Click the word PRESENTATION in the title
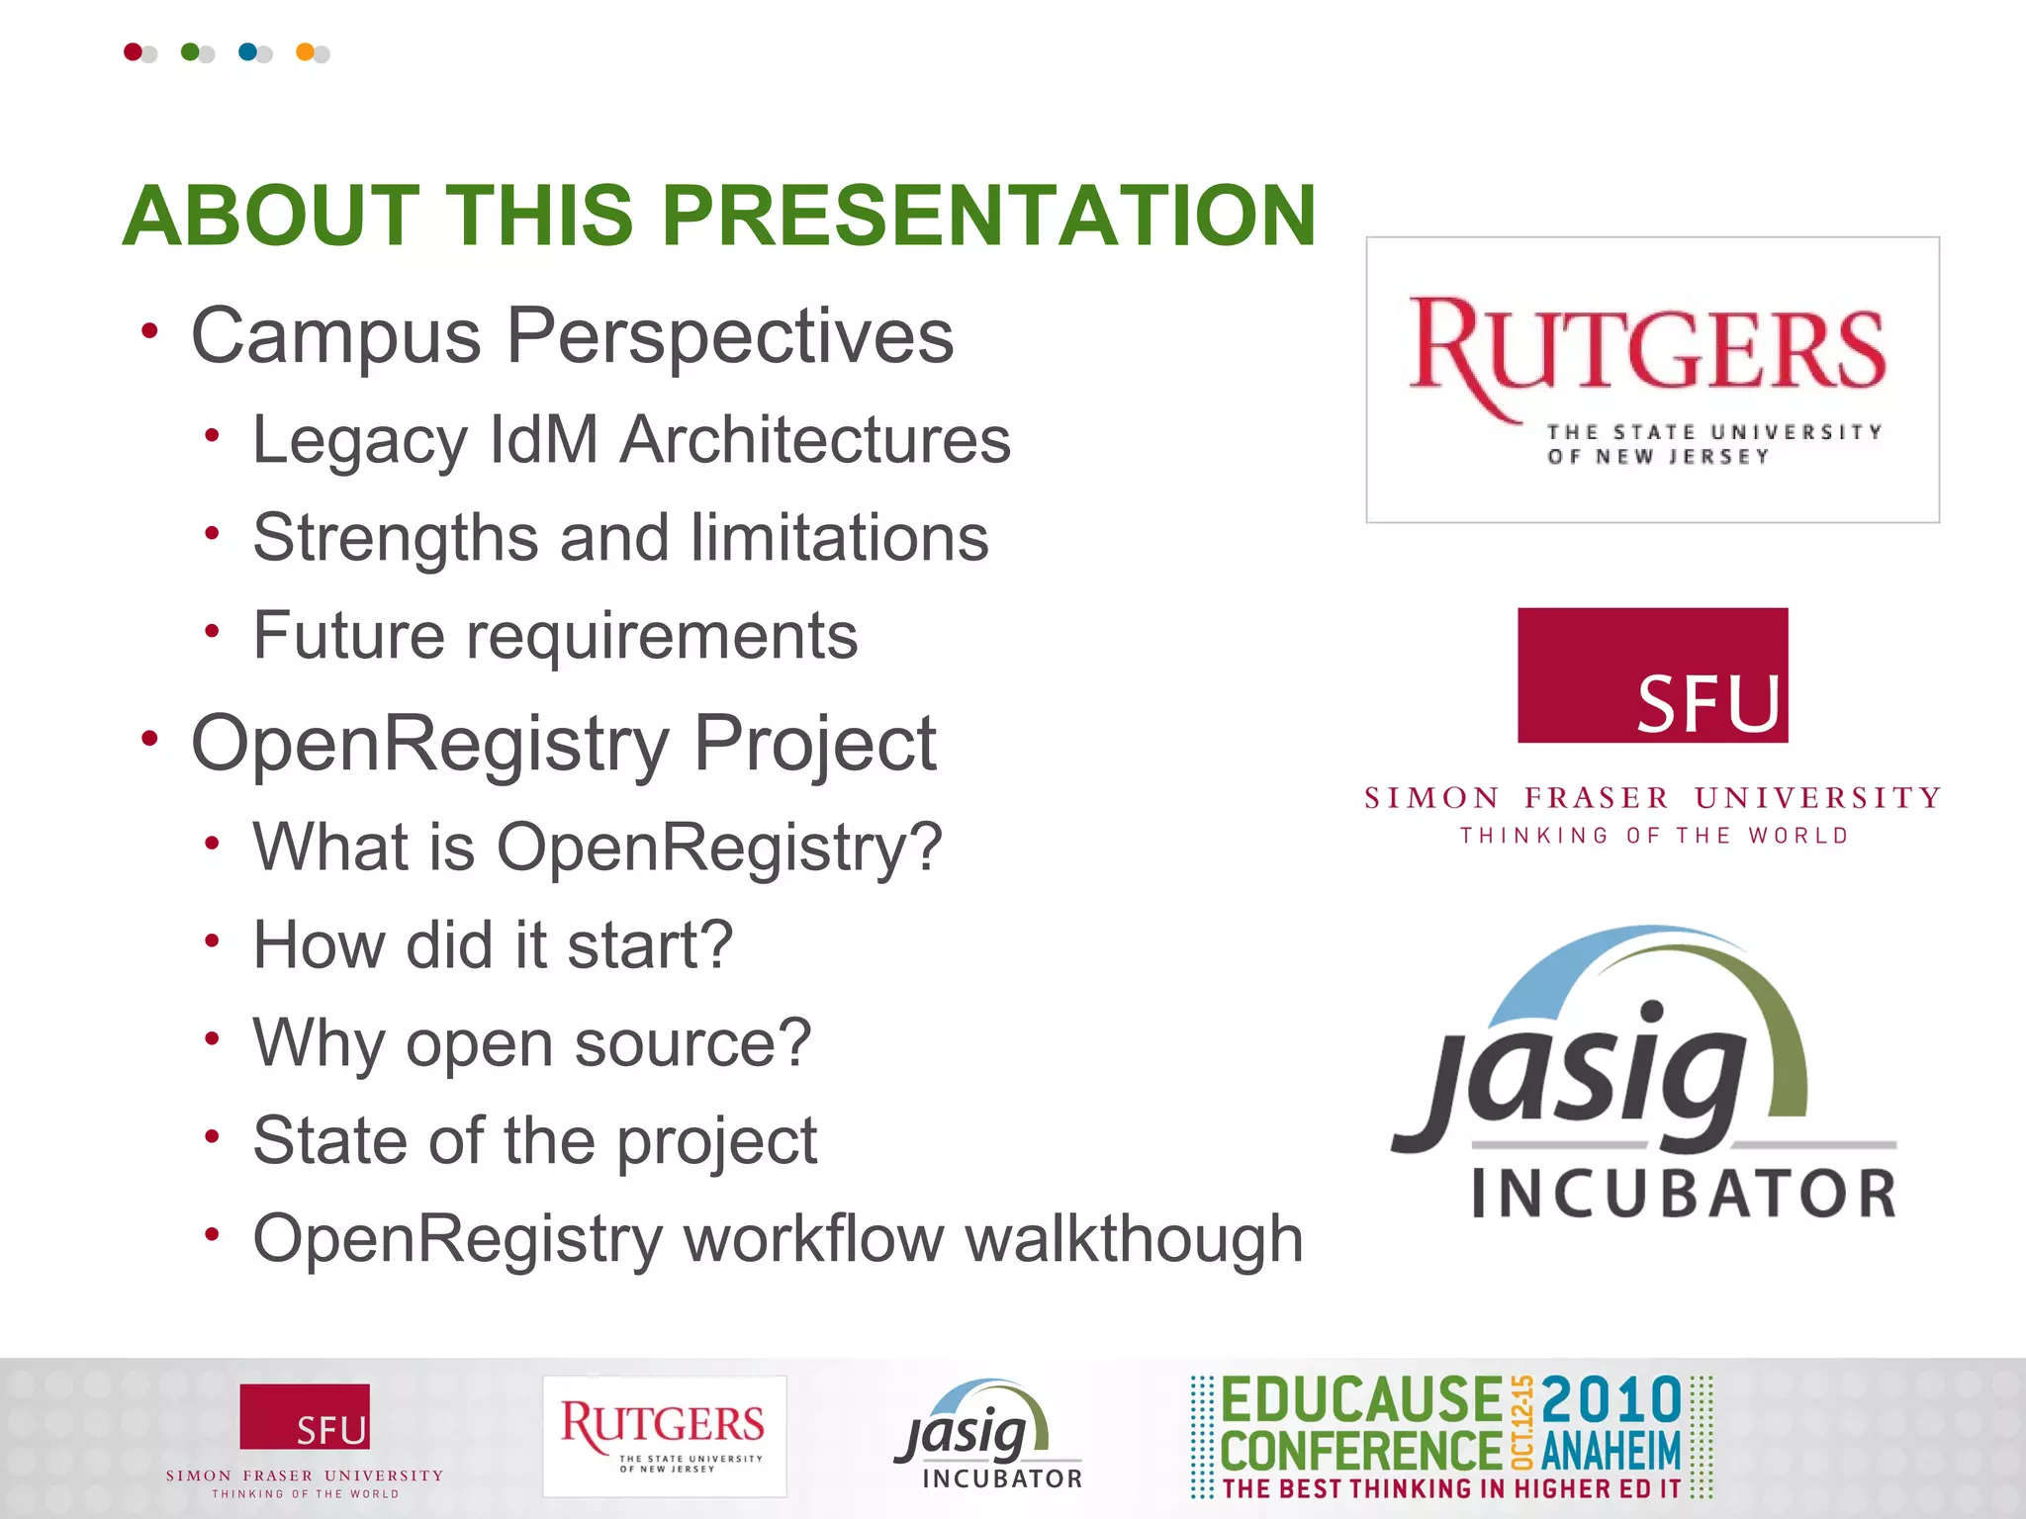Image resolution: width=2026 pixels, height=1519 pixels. tap(988, 216)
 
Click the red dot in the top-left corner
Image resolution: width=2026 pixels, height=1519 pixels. tap(133, 51)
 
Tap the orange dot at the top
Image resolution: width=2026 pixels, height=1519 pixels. tap(306, 51)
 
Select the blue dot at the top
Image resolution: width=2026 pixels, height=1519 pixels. tap(247, 51)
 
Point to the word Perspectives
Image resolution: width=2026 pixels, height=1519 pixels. tap(730, 336)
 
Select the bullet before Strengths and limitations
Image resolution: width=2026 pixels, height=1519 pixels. tap(212, 534)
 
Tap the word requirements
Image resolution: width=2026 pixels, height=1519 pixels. tap(662, 635)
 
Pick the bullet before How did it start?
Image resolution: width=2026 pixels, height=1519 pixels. tap(212, 940)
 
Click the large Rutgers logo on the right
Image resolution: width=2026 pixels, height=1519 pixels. tap(1651, 379)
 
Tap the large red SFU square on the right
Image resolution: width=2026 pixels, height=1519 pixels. tap(1652, 674)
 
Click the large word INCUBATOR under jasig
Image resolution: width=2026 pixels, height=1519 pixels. tap(1684, 1194)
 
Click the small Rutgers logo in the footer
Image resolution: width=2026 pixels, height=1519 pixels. tap(664, 1435)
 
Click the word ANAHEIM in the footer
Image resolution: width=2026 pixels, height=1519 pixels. tap(1611, 1452)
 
